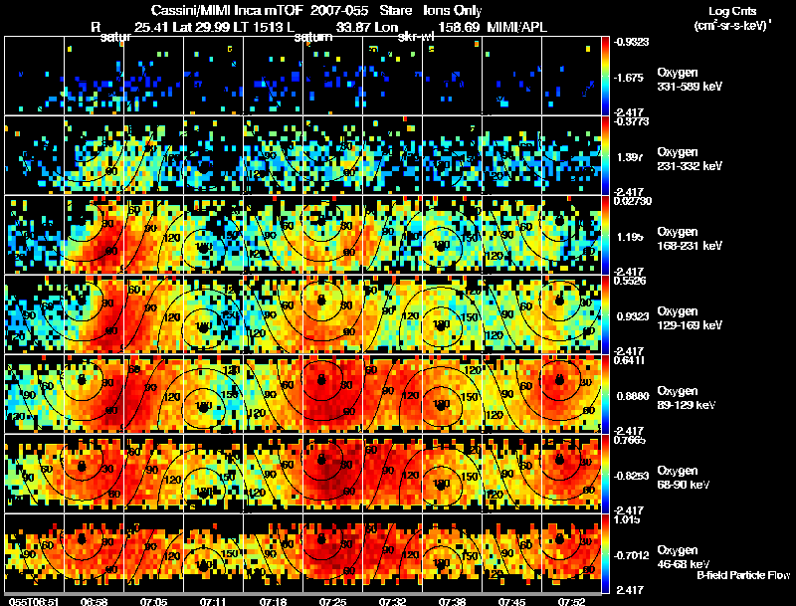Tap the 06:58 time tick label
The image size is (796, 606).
click(95, 601)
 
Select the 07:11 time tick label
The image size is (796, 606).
click(214, 601)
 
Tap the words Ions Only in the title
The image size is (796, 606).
click(452, 9)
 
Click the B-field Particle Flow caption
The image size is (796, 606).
click(743, 575)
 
